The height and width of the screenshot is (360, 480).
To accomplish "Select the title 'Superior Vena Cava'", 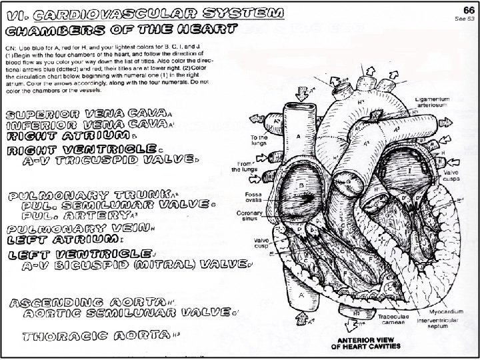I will click(87, 115).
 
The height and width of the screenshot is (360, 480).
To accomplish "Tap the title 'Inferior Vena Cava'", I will click(87, 125).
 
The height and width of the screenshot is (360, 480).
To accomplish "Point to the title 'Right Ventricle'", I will click(82, 149).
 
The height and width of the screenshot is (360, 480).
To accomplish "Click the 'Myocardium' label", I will click(441, 310).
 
